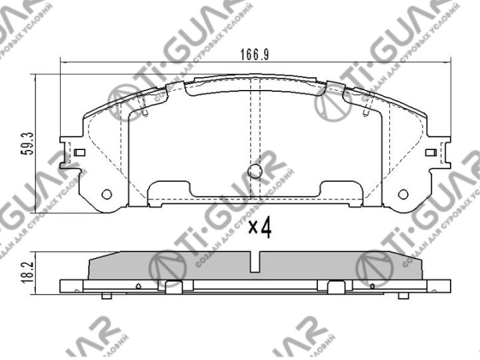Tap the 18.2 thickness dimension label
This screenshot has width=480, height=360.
click(x=27, y=272)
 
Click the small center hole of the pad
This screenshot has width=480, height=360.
click(x=255, y=171)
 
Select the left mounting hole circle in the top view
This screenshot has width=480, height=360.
click(x=106, y=194)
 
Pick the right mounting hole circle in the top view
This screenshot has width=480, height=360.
click(x=403, y=194)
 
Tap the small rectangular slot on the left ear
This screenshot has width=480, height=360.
click(x=79, y=153)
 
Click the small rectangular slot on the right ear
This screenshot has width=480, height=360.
click(x=431, y=153)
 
